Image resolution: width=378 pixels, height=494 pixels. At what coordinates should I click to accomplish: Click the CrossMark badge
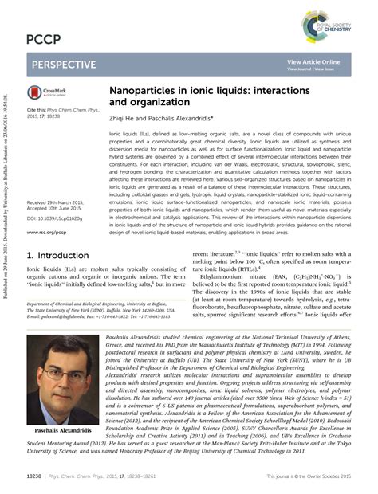pyautogui.click(x=49, y=92)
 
